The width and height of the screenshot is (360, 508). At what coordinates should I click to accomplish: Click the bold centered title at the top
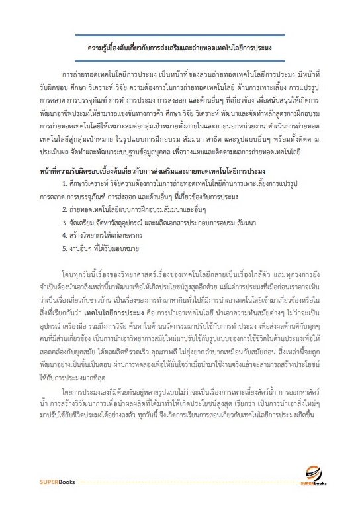point(180,48)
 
